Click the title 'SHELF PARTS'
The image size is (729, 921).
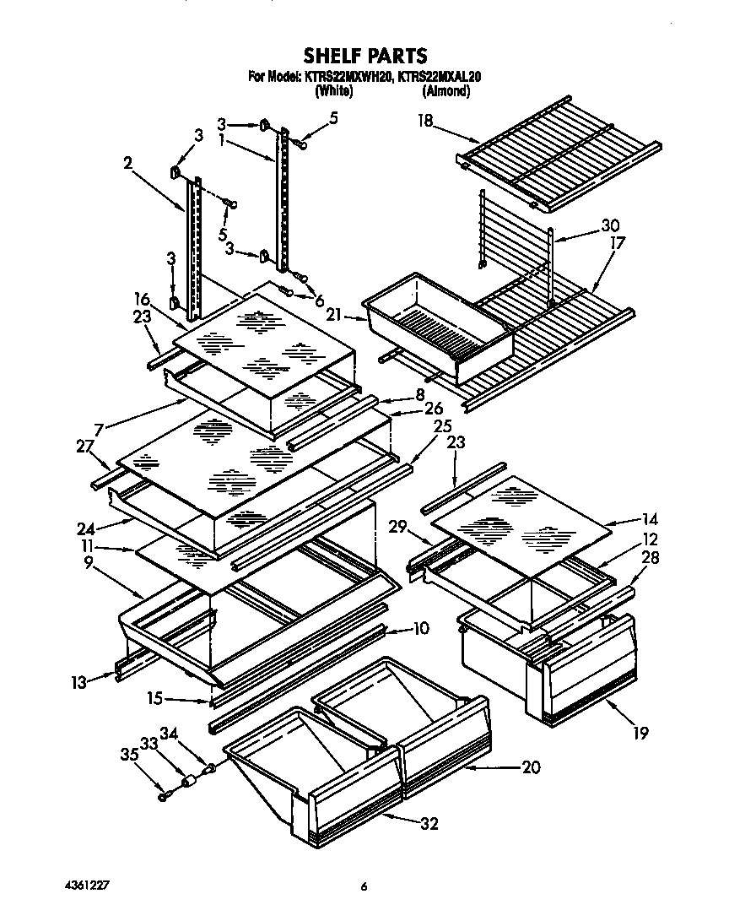tap(365, 57)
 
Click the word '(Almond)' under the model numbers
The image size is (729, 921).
tap(445, 91)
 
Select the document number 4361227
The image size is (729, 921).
tap(87, 886)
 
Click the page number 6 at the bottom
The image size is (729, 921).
tap(364, 886)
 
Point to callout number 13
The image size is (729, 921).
tap(79, 682)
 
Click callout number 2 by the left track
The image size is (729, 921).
tap(127, 164)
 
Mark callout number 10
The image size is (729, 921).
tap(422, 628)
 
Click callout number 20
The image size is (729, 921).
tap(531, 767)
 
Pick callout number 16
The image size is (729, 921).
tap(141, 299)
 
